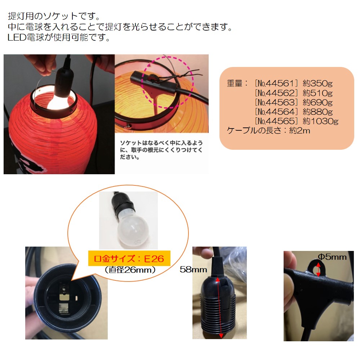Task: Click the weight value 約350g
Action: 317,84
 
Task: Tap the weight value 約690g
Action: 317,102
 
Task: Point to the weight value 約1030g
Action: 320,121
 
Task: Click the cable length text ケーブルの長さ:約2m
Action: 268,131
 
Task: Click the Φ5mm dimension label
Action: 332,257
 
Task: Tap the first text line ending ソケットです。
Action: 54,17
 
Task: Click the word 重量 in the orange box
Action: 235,84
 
